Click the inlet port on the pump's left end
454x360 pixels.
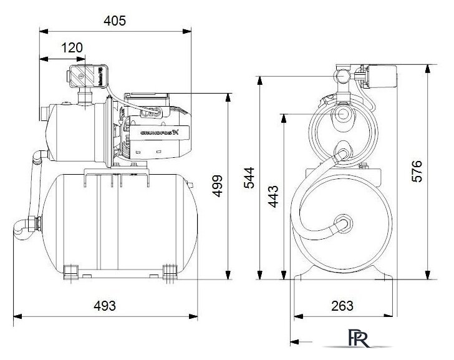43,115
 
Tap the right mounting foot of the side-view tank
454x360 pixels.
168,271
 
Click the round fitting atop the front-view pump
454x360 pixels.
342,76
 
